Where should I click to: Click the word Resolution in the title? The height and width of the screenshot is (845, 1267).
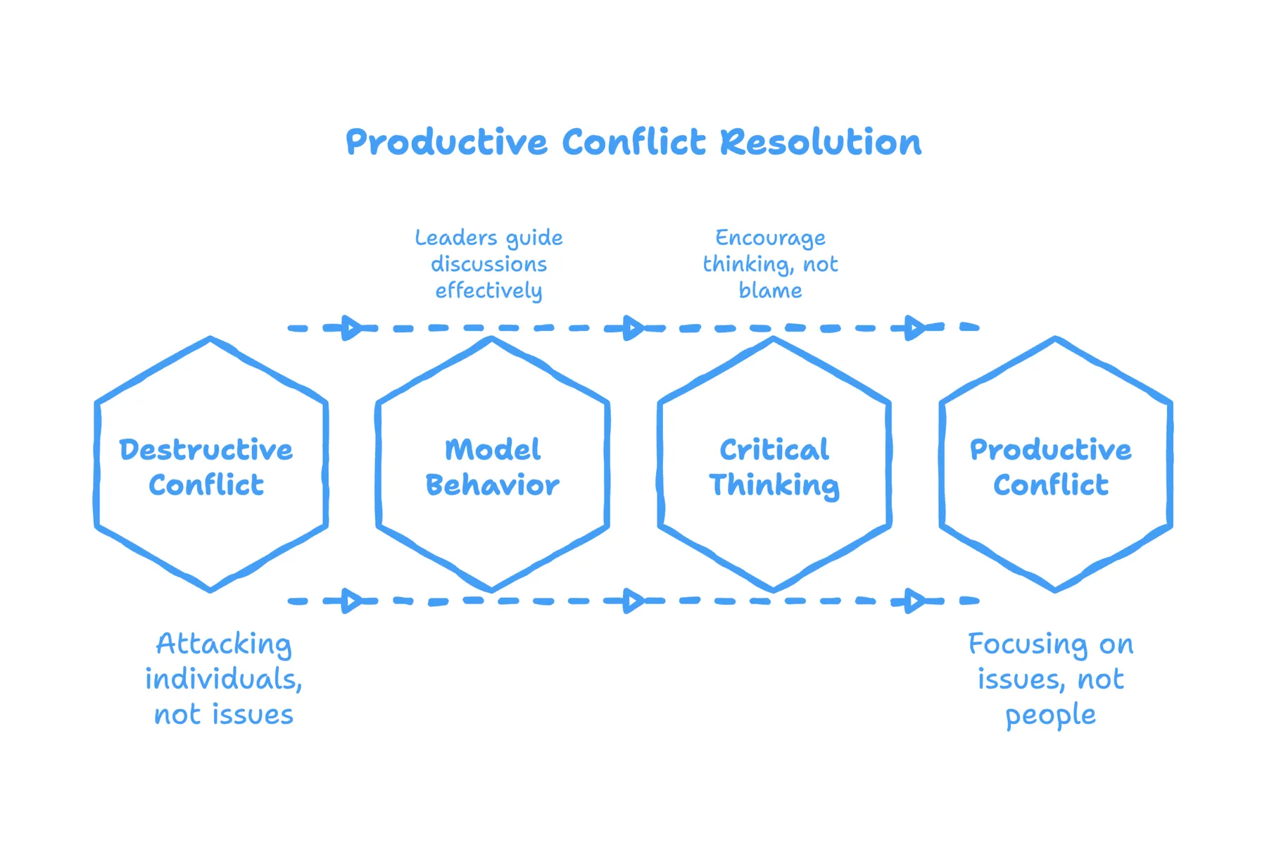pyautogui.click(x=820, y=142)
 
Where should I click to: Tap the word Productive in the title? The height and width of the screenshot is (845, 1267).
pyautogui.click(x=446, y=142)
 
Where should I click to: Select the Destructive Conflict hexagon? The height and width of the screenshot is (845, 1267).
pyautogui.click(x=210, y=521)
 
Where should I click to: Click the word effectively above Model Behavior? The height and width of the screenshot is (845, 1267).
pyautogui.click(x=488, y=291)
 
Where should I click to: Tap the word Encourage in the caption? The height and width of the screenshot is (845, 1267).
pyautogui.click(x=770, y=239)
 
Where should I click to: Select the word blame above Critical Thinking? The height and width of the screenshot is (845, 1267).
pyautogui.click(x=770, y=291)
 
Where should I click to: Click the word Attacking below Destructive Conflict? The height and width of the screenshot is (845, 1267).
pyautogui.click(x=224, y=644)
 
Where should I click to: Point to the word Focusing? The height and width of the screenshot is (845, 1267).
pyautogui.click(x=1028, y=644)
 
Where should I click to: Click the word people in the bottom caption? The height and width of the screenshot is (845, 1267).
pyautogui.click(x=1050, y=715)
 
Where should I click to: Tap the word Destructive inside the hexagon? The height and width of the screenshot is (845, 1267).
pyautogui.click(x=206, y=450)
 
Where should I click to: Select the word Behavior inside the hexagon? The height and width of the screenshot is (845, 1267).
pyautogui.click(x=492, y=485)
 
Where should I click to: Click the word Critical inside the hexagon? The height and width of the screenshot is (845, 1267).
pyautogui.click(x=774, y=450)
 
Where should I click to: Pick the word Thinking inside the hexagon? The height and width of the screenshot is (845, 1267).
pyautogui.click(x=774, y=486)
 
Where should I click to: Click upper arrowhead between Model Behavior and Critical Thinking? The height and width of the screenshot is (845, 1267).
pyautogui.click(x=633, y=327)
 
